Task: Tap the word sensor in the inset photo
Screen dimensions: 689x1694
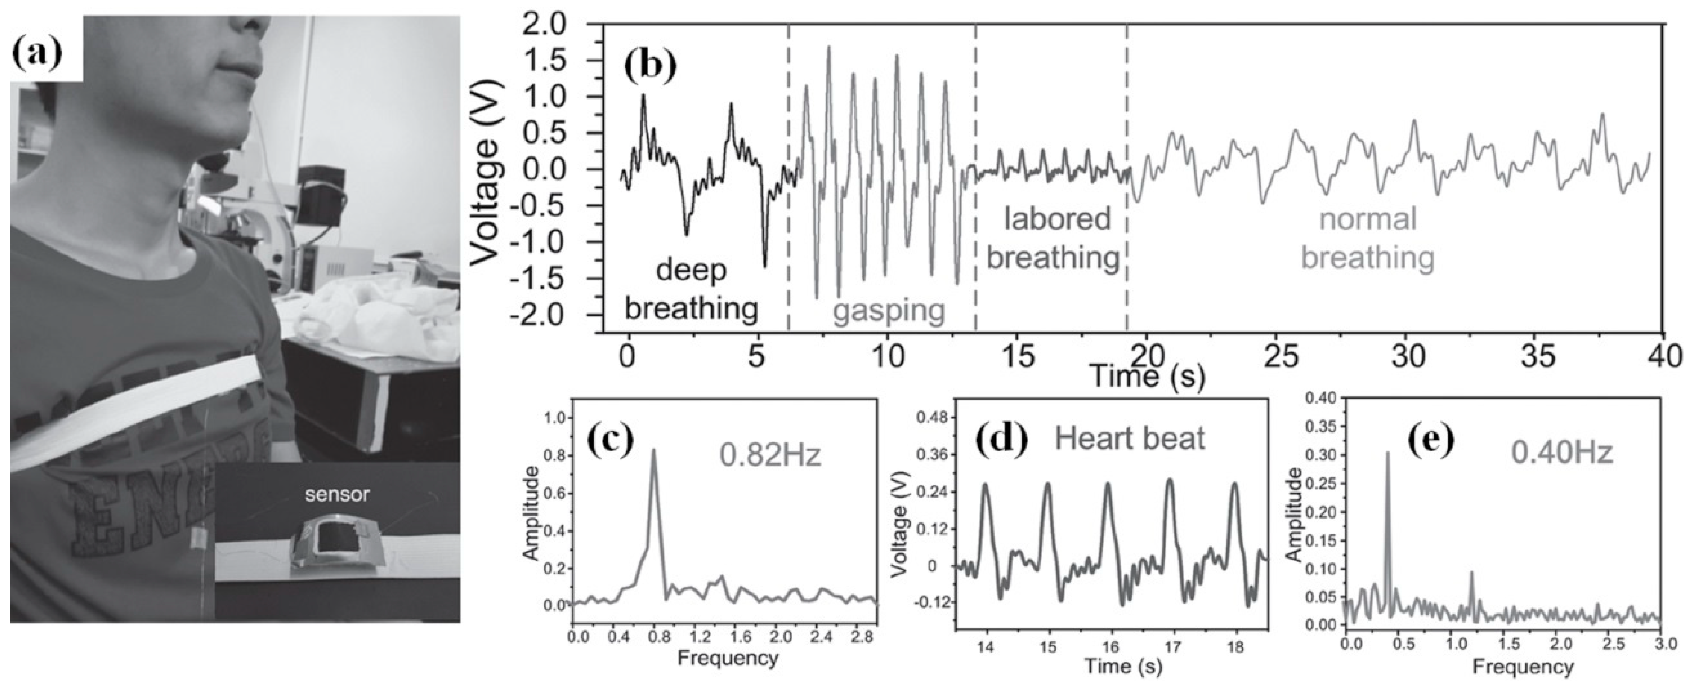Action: (337, 494)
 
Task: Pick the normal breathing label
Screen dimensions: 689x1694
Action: (1368, 238)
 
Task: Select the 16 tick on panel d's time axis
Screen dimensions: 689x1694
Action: (1111, 647)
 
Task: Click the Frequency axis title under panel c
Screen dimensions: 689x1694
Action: (727, 657)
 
